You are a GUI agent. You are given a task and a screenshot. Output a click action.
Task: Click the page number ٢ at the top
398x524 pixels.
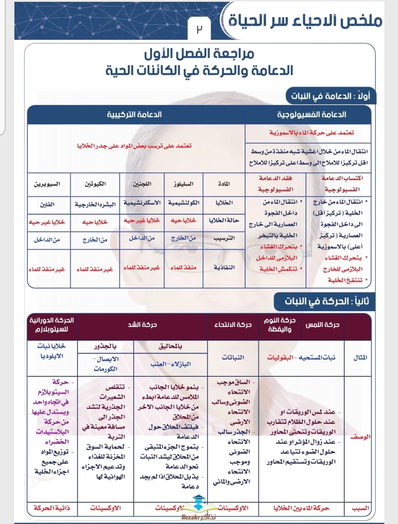click(x=199, y=29)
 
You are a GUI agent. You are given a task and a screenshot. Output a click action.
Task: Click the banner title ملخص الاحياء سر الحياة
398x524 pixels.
click(x=305, y=21)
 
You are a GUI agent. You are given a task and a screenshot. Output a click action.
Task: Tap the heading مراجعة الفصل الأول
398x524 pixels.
click(x=199, y=54)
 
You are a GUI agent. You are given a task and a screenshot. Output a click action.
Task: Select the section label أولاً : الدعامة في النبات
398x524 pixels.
click(x=331, y=96)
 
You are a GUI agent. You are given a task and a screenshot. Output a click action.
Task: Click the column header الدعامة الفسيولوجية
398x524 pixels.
click(x=311, y=115)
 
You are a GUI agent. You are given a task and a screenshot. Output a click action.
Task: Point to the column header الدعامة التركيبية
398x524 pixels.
click(x=135, y=115)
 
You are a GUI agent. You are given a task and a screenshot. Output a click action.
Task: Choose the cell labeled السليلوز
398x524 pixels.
click(x=184, y=183)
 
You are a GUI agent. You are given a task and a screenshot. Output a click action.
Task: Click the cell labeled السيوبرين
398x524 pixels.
click(x=47, y=183)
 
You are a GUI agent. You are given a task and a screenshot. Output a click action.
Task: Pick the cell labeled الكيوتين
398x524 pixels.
click(x=95, y=183)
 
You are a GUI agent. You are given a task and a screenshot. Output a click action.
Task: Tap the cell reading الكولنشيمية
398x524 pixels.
click(x=184, y=203)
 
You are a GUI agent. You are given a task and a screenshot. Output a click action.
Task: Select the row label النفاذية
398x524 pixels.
click(x=224, y=267)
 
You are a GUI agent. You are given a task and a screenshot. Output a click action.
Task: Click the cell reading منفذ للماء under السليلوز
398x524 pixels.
click(x=184, y=267)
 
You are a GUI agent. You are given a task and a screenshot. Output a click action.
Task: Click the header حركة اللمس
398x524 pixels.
click(x=322, y=324)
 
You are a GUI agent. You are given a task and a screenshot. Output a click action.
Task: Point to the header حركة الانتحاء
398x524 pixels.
click(x=233, y=324)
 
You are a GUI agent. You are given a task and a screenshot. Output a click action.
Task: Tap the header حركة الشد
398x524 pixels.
click(x=142, y=324)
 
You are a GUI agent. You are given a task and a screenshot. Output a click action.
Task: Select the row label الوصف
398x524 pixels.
click(x=360, y=437)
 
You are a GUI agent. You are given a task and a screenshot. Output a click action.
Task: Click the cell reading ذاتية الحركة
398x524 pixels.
click(x=52, y=508)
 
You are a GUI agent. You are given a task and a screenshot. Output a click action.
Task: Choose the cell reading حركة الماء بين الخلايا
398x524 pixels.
click(x=301, y=508)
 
